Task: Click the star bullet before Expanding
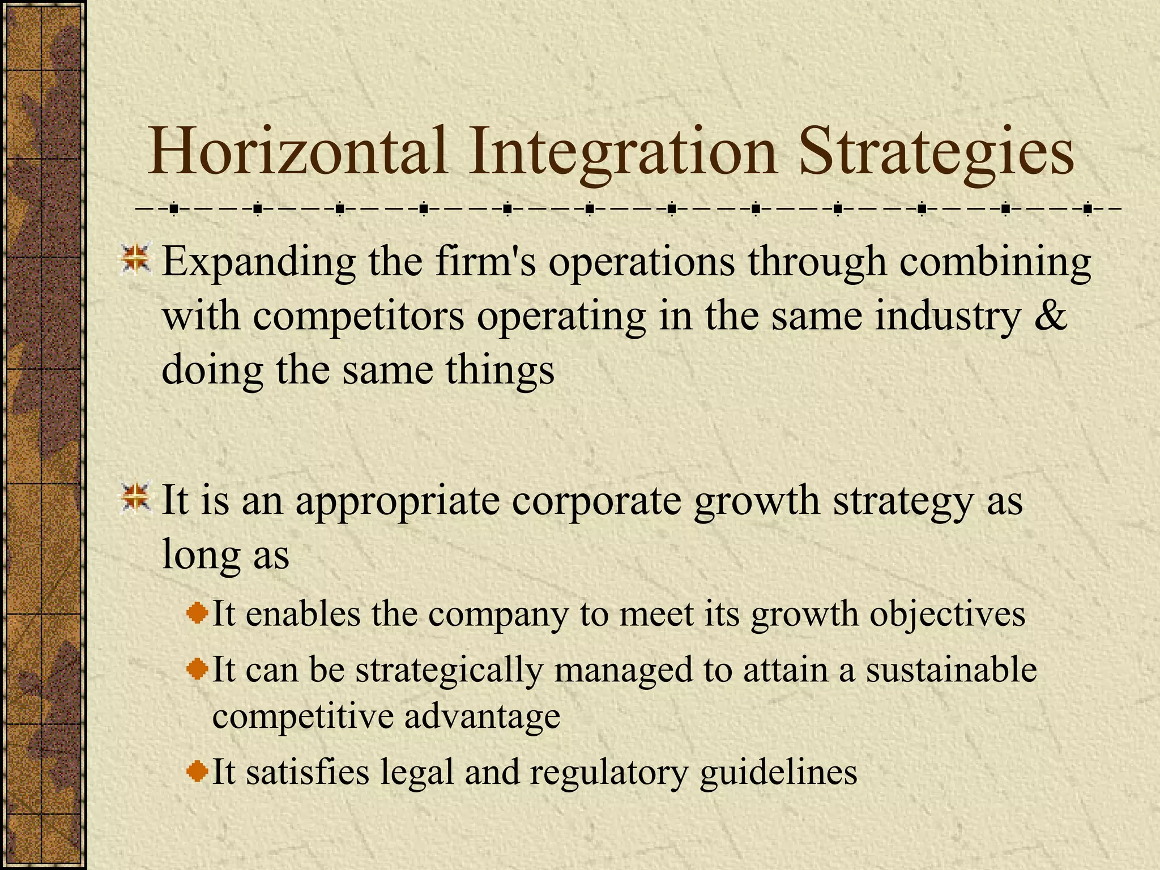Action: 136,258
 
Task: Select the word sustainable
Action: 951,669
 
